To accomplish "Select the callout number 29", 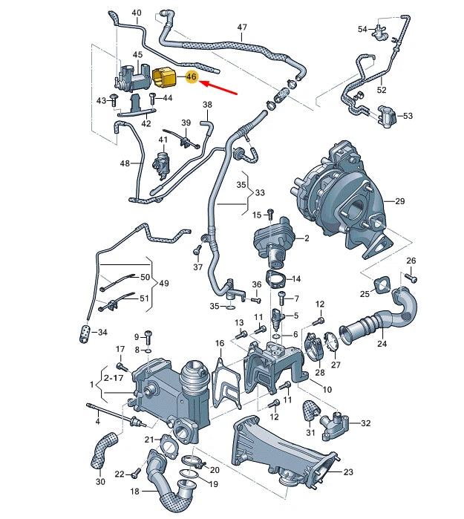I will point(399,202).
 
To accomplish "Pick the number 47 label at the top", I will point(242,27).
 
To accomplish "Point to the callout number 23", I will point(349,471).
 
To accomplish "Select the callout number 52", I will point(382,90).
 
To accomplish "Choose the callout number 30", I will point(101,481).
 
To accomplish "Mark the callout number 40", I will point(136,13).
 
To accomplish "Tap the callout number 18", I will point(135,492).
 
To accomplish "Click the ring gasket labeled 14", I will point(277,280).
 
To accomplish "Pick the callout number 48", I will point(125,163).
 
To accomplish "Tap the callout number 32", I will point(365,424).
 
